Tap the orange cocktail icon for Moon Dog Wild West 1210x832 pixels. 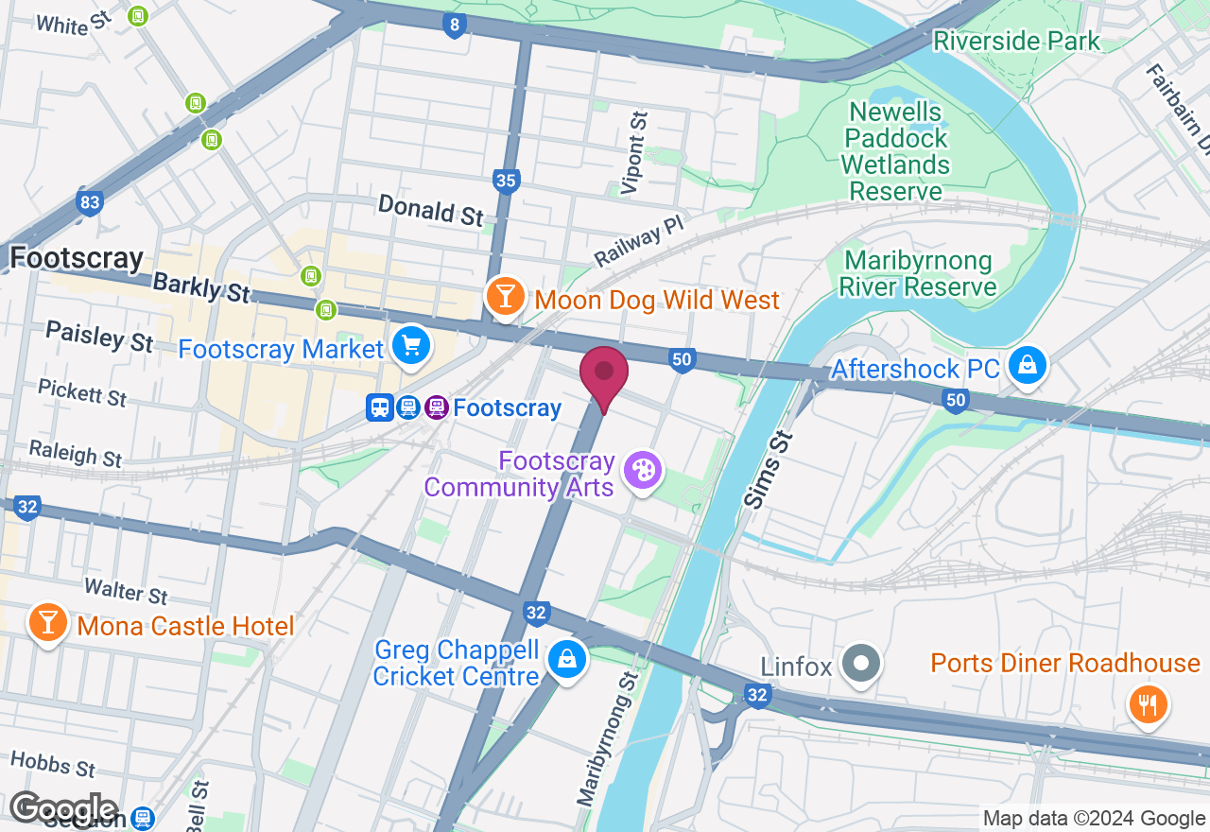(x=506, y=297)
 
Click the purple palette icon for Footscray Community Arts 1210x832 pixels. (x=643, y=470)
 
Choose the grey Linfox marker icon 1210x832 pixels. (x=861, y=664)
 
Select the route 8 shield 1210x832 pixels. (x=455, y=26)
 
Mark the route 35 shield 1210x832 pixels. (x=507, y=181)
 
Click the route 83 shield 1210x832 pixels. (x=90, y=202)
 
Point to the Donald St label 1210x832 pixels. (x=431, y=209)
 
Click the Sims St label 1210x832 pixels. (x=769, y=469)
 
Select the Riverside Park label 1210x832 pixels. (x=1016, y=41)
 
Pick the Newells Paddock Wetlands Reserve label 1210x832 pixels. (x=894, y=151)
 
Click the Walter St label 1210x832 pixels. (x=126, y=591)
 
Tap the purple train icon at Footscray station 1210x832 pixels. (x=436, y=407)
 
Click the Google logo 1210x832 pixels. (x=63, y=808)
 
